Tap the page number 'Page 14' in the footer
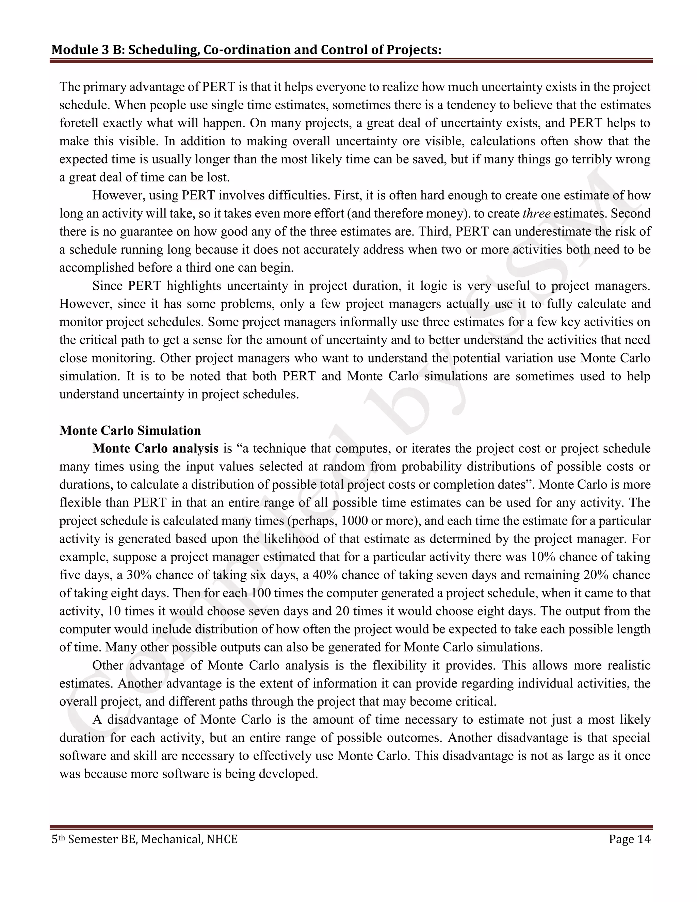[629, 839]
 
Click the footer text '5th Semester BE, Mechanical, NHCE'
[145, 839]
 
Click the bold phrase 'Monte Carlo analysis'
[155, 449]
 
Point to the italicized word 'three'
[536, 213]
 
